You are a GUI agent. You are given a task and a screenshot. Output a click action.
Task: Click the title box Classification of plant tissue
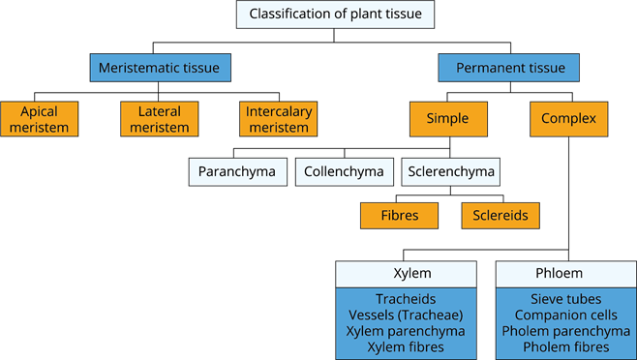coord(335,15)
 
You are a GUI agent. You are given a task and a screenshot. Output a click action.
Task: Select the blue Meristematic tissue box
coord(161,68)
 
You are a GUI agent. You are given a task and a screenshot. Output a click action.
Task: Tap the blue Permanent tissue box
coord(509,68)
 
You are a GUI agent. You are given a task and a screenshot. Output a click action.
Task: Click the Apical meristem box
coord(39,119)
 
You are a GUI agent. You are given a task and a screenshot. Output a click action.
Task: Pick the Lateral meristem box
coord(158,119)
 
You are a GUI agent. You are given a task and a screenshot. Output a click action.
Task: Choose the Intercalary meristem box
coord(279,119)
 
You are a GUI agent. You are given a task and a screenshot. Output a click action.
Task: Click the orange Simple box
coord(446,119)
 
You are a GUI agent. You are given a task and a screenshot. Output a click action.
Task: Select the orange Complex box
coord(568,119)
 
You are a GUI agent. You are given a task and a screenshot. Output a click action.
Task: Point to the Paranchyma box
coord(237,172)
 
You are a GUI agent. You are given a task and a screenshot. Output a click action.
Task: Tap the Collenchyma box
coord(344,172)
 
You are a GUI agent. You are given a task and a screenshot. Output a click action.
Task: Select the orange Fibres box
coord(399,215)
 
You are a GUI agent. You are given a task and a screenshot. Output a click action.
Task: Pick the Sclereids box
coord(500,215)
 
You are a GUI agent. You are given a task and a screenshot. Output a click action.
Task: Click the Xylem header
coord(406,274)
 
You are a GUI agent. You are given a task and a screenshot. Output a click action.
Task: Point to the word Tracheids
coord(406,300)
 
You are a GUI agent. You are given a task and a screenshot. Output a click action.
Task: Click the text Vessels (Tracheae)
coord(406,315)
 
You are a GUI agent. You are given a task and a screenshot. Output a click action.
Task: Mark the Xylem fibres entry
coord(406,346)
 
